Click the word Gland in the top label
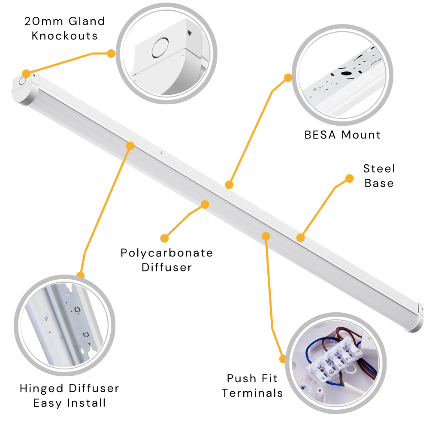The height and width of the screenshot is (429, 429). [87, 21]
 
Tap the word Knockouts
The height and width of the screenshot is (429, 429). [65, 36]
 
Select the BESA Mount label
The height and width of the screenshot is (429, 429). [342, 135]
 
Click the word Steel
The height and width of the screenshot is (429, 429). [379, 169]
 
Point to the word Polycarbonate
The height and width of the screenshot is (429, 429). [166, 253]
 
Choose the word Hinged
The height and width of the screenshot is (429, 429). [42, 389]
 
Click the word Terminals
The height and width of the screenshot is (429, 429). [252, 393]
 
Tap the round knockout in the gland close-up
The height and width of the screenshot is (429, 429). [160, 48]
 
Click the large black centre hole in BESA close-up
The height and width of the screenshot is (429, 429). [346, 73]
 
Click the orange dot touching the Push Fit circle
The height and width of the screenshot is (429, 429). [283, 359]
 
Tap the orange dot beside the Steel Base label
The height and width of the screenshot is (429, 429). [349, 178]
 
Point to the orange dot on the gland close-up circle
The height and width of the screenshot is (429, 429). [111, 53]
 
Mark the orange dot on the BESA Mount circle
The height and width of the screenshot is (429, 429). [288, 78]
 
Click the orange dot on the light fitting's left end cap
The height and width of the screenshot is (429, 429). [26, 74]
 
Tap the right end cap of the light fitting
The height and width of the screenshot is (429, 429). [419, 317]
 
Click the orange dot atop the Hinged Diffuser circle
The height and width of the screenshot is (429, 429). [81, 275]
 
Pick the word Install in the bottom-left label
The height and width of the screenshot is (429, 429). [87, 403]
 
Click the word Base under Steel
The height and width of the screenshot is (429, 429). [379, 183]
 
